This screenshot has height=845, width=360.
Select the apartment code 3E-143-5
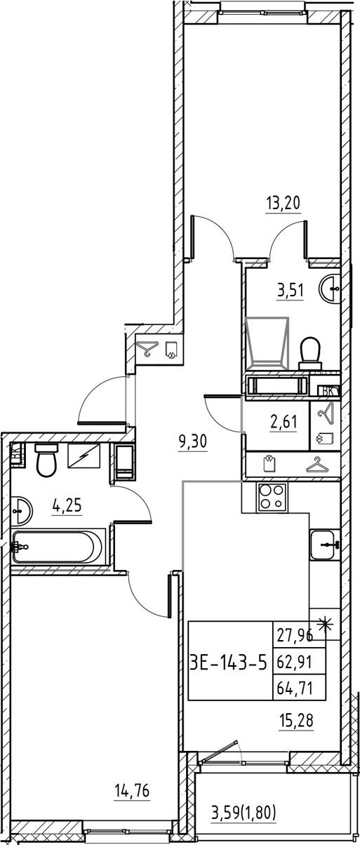229,660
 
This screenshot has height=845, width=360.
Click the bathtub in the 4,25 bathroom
58,546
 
